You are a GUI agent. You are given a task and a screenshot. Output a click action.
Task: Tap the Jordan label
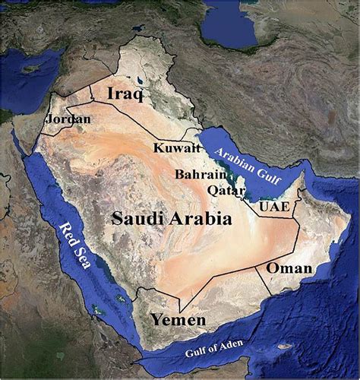pyautogui.click(x=68, y=119)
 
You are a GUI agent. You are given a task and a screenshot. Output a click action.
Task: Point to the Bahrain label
pyautogui.click(x=199, y=175)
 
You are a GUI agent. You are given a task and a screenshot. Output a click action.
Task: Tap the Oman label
pyautogui.click(x=289, y=269)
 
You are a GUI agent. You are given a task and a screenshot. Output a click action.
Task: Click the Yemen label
pyautogui.click(x=177, y=320)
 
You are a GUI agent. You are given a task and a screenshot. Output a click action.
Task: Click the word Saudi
pyautogui.click(x=135, y=219)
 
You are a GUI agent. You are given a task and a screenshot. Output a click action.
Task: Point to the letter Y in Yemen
pyautogui.click(x=155, y=319)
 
